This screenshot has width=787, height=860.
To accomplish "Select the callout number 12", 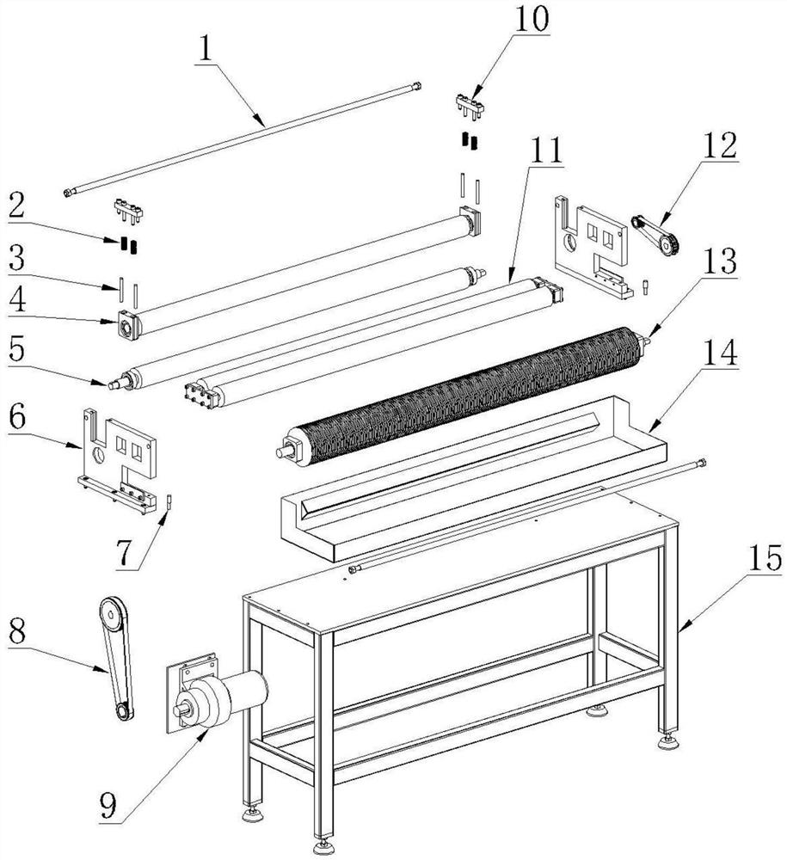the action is coord(720,146).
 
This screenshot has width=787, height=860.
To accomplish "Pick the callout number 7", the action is coord(125,553).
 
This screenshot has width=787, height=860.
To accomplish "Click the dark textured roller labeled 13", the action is coord(461,396).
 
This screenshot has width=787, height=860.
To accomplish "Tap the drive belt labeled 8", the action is coord(117,658).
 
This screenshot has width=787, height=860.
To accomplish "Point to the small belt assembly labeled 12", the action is coord(656,235).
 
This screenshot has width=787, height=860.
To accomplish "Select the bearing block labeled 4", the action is coord(128,326).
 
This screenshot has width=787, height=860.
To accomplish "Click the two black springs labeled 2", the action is coord(129,245).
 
